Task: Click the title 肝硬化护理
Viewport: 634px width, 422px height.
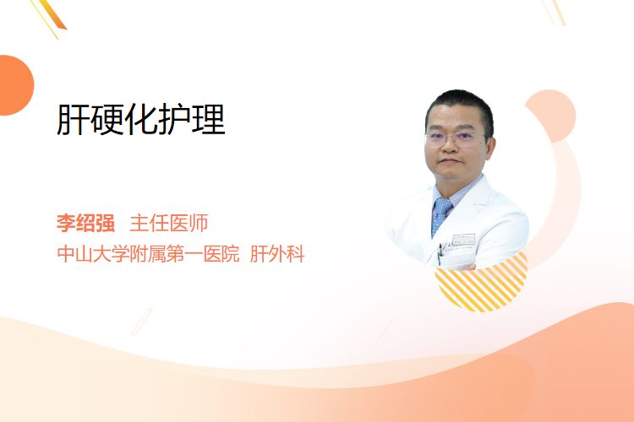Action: pyautogui.click(x=140, y=120)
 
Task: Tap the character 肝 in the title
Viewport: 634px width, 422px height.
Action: pyautogui.click(x=73, y=120)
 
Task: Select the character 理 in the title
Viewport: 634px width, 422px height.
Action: pyautogui.click(x=209, y=120)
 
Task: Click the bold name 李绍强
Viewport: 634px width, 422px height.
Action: pyautogui.click(x=85, y=223)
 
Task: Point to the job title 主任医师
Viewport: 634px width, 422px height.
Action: pyautogui.click(x=169, y=223)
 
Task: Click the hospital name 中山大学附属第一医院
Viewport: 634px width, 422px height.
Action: pyautogui.click(x=149, y=254)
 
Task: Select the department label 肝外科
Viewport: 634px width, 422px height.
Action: pyautogui.click(x=277, y=254)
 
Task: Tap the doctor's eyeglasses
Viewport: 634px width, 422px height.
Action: pyautogui.click(x=454, y=138)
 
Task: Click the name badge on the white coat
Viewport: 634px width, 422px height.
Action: pyautogui.click(x=463, y=241)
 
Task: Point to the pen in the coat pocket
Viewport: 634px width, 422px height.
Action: pyautogui.click(x=440, y=253)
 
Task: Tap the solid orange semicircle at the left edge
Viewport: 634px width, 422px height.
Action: pyautogui.click(x=15, y=85)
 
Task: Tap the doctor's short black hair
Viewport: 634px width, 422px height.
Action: pyautogui.click(x=461, y=105)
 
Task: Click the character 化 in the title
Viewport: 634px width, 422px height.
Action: pyautogui.click(x=140, y=120)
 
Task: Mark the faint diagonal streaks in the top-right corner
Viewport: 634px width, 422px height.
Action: pyautogui.click(x=554, y=12)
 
